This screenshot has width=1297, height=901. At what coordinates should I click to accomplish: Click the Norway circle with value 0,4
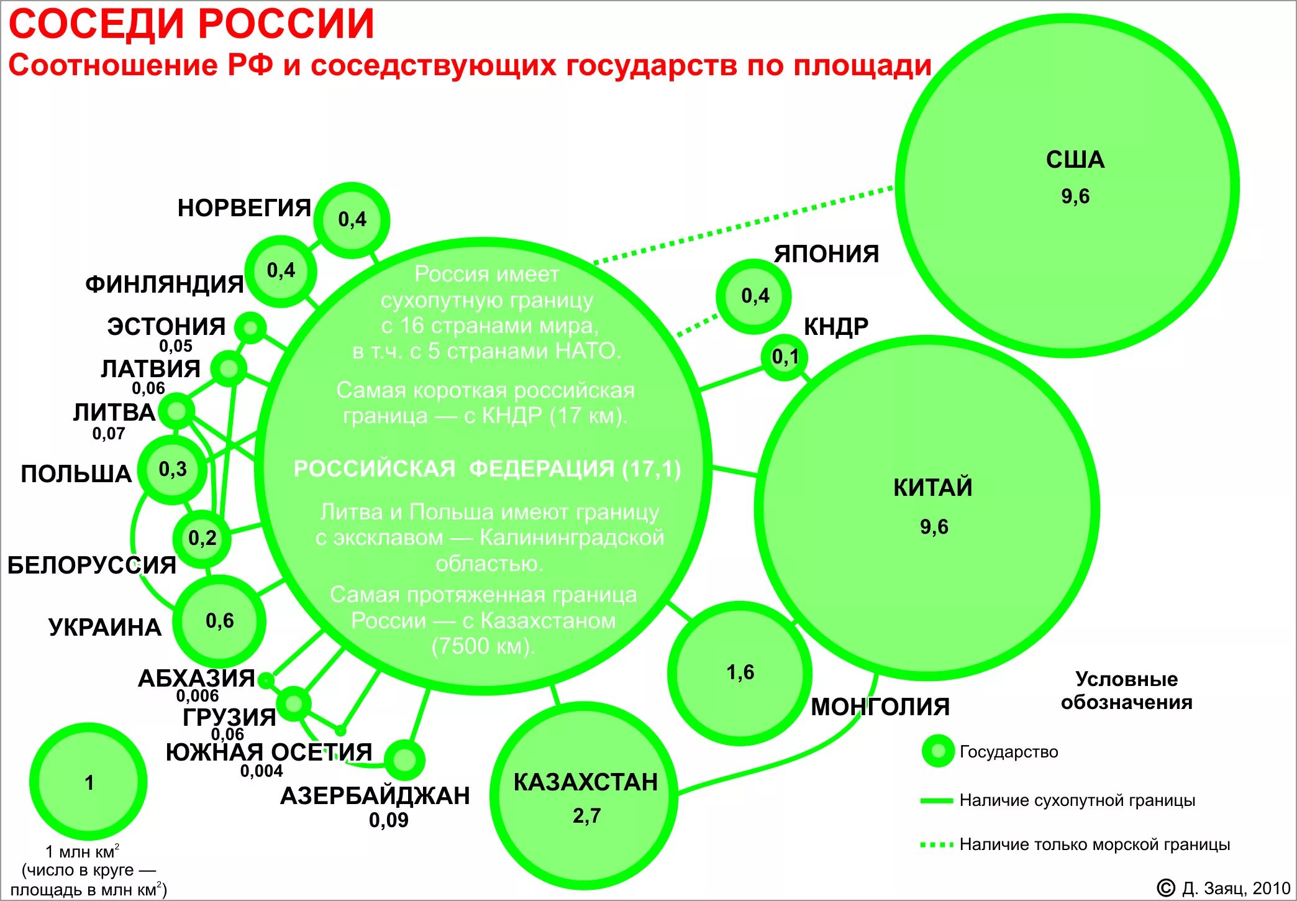352,220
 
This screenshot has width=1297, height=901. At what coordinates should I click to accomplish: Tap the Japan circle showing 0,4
754,296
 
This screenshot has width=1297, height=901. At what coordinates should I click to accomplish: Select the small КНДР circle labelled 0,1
785,357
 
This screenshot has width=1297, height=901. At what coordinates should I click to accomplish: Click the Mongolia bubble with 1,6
740,673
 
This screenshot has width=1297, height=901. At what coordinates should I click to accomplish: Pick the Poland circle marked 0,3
173,469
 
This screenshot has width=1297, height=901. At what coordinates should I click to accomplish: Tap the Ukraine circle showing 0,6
219,621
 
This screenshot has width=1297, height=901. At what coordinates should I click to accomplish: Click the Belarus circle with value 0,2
203,538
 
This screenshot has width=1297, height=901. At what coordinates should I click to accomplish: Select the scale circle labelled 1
89,782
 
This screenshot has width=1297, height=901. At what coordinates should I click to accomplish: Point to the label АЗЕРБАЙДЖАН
375,796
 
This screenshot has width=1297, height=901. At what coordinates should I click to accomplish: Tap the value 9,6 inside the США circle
1075,196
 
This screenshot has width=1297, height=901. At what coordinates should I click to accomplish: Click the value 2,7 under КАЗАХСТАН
586,816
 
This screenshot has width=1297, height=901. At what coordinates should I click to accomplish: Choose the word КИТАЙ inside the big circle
933,488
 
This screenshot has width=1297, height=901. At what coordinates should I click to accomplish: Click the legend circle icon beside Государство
938,751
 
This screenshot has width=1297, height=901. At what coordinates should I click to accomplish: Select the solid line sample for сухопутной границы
937,800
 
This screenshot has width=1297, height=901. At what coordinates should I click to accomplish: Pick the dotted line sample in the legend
937,844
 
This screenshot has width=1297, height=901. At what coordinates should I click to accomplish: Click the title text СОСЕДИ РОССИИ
191,25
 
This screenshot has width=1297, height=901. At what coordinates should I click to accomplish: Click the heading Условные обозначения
1126,690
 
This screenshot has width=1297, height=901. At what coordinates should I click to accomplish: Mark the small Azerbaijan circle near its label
404,759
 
